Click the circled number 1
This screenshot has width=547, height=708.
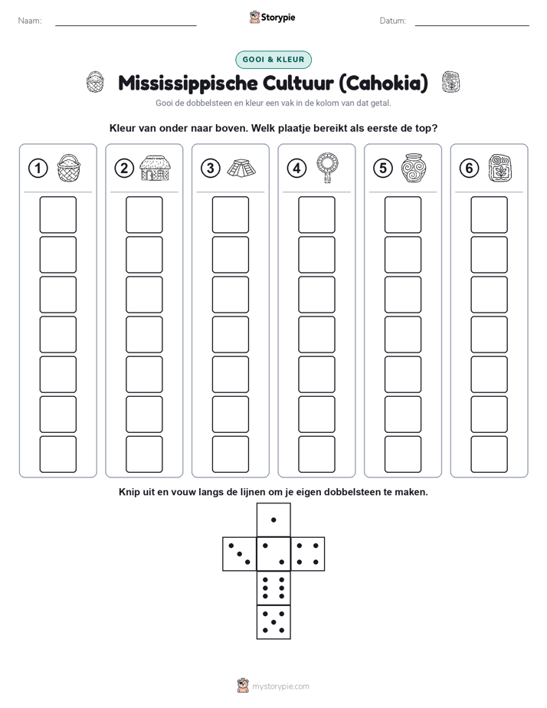click(x=38, y=169)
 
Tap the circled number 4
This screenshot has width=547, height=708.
click(x=296, y=169)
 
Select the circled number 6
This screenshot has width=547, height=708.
click(x=469, y=169)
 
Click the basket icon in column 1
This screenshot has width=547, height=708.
click(x=69, y=168)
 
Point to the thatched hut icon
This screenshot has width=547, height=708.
click(x=155, y=168)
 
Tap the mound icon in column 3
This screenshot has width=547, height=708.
click(x=241, y=169)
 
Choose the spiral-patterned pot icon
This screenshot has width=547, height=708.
click(x=414, y=168)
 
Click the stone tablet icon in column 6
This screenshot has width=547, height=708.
click(x=500, y=169)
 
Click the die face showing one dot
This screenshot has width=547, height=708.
click(x=273, y=520)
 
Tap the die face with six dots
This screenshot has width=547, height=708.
click(x=273, y=588)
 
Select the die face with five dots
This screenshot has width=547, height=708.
click(x=273, y=622)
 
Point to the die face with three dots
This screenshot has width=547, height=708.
click(x=240, y=553)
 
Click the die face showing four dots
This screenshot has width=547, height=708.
click(x=308, y=553)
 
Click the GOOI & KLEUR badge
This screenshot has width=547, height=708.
click(x=273, y=60)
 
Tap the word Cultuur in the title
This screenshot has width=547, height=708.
click(x=298, y=83)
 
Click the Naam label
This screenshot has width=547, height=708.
click(x=30, y=21)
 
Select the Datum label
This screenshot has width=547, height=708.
click(x=393, y=21)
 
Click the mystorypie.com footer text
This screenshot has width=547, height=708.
click(x=280, y=687)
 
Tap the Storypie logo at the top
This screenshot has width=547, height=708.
click(x=273, y=17)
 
